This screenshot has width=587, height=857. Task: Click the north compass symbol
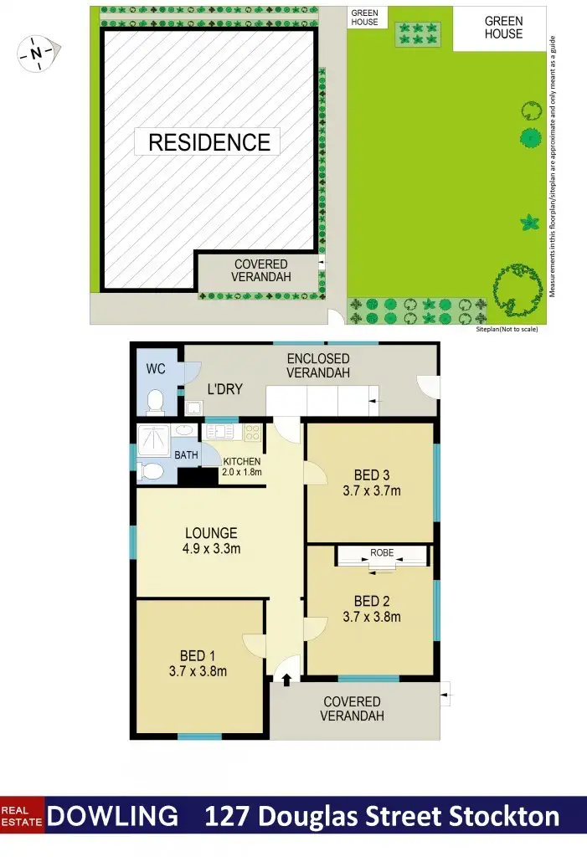[x=36, y=54]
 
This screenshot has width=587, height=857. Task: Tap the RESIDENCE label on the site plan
[x=209, y=142]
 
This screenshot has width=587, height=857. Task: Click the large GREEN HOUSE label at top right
[x=503, y=28]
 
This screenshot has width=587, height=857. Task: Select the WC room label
[x=156, y=368]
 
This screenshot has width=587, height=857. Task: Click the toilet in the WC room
[x=154, y=403]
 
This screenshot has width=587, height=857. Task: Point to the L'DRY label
[x=224, y=389]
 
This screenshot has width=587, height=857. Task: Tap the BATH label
[x=187, y=455]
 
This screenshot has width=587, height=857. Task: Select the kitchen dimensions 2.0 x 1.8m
[x=242, y=472]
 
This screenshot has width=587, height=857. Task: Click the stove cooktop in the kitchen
[x=251, y=434]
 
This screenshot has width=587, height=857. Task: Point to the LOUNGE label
[x=211, y=532]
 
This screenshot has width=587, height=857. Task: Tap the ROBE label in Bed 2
[x=382, y=553]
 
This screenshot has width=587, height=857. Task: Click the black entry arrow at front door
[x=286, y=680]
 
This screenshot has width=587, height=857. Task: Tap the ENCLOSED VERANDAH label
[x=317, y=366]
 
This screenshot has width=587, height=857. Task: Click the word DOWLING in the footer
[x=112, y=816]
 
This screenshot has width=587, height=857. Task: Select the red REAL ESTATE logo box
[x=23, y=816]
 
